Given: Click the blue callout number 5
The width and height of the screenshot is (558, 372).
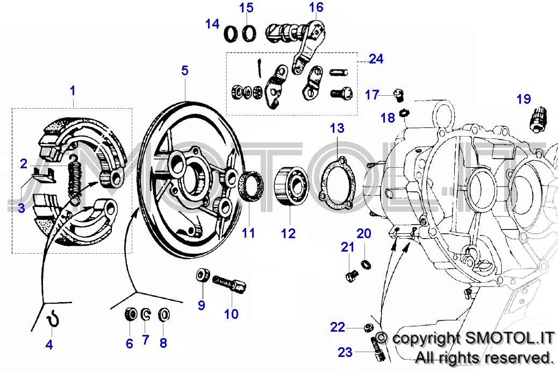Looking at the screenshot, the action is tap(185, 70).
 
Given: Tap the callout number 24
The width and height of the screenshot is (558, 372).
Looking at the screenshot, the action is tap(376, 59).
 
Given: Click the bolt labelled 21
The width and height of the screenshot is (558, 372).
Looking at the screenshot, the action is tap(351, 276).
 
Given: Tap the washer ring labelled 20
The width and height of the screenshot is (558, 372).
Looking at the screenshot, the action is tap(366, 264).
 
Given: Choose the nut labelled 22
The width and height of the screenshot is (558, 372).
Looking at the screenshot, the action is tap(367, 327).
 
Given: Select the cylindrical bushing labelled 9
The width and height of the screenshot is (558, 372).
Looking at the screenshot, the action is tap(203, 276).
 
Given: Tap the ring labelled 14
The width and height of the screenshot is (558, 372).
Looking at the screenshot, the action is tap(231, 34).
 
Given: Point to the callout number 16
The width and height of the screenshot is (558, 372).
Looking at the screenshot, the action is tap(316, 7).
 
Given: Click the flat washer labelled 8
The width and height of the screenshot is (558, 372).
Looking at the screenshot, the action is tap(164, 314).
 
